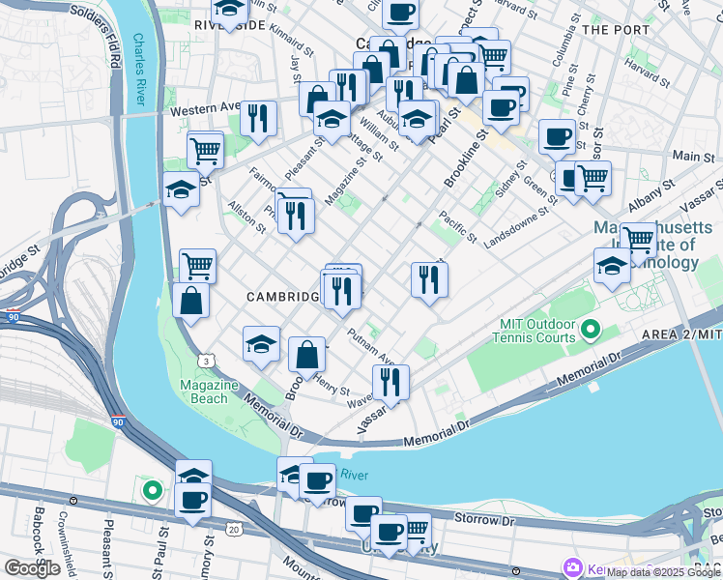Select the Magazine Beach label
click(x=209, y=391)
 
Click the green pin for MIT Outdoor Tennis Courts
click(x=588, y=333)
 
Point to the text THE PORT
click(x=616, y=30)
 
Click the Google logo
click(x=32, y=568)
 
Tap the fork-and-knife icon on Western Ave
click(x=258, y=117)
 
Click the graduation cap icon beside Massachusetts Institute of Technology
click(x=611, y=265)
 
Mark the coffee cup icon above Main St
click(x=556, y=136)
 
